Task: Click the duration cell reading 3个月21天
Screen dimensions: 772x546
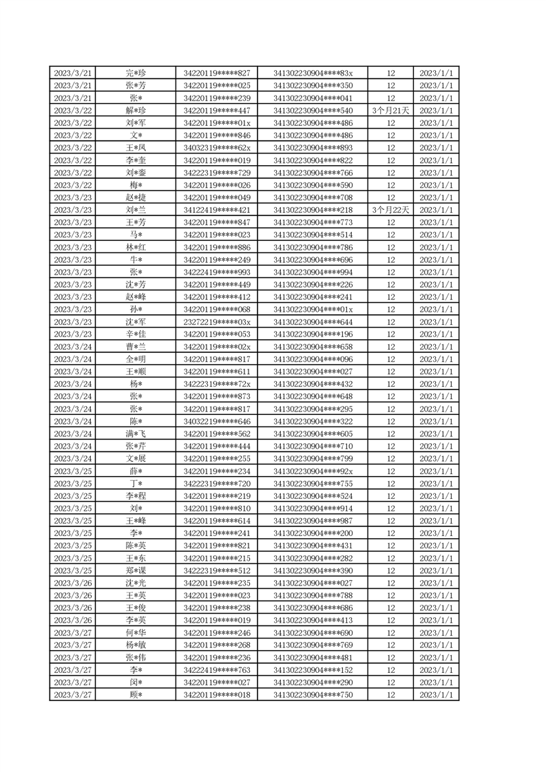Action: click(390, 111)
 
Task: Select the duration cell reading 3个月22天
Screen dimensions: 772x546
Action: click(390, 210)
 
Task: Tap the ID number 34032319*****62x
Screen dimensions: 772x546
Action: click(217, 148)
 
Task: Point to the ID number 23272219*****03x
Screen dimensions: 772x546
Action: click(217, 322)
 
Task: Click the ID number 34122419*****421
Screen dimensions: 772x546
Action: click(217, 210)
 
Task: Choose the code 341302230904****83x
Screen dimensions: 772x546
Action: click(313, 74)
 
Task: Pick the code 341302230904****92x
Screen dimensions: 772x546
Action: click(313, 471)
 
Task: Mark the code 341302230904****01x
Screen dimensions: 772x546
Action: click(313, 310)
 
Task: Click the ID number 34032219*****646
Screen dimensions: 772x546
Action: click(217, 421)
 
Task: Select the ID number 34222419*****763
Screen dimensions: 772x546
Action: click(217, 670)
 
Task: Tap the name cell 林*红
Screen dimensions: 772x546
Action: click(136, 247)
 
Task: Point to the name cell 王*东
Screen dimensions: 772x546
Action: click(136, 558)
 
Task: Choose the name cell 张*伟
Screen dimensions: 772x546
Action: click(136, 658)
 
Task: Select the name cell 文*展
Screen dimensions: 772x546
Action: click(136, 459)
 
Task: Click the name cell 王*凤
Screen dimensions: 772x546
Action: click(136, 148)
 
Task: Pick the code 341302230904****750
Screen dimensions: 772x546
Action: click(313, 695)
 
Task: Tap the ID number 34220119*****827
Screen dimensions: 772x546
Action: click(217, 74)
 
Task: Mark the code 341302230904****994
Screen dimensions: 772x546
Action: click(313, 272)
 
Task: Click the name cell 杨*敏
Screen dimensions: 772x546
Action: click(136, 645)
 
